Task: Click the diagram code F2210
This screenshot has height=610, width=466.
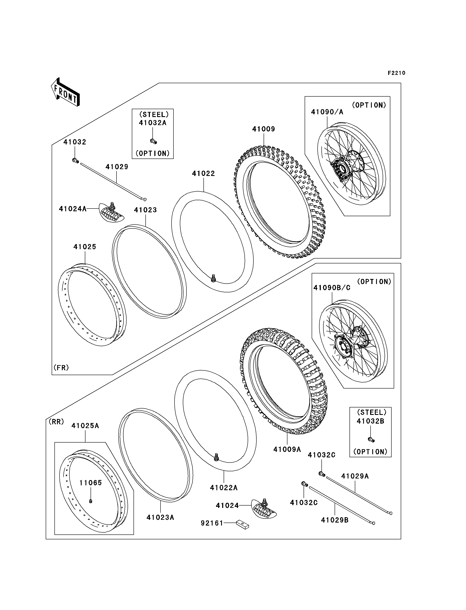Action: point(396,73)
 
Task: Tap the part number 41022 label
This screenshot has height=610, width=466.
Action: point(203,174)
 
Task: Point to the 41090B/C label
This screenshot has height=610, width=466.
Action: point(332,288)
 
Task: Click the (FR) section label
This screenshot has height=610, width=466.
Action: point(61,368)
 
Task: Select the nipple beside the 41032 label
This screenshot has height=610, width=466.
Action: point(75,160)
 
